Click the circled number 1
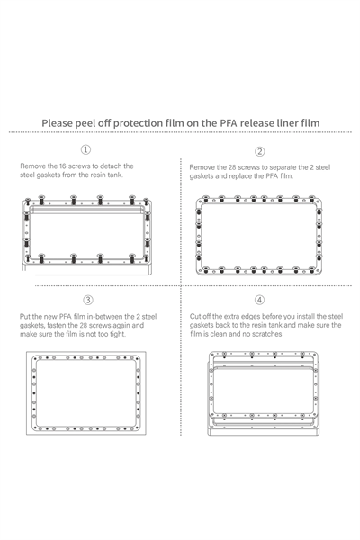[85, 149]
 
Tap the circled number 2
[260, 151]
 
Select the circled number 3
[88, 300]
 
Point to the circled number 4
[260, 300]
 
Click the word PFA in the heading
[229, 123]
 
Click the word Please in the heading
[57, 123]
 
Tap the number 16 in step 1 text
[63, 166]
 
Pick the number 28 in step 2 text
[232, 167]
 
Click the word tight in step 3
[118, 334]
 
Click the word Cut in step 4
[195, 316]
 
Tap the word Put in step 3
[24, 316]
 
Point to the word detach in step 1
[108, 166]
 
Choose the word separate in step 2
[283, 167]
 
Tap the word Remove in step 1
[32, 166]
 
